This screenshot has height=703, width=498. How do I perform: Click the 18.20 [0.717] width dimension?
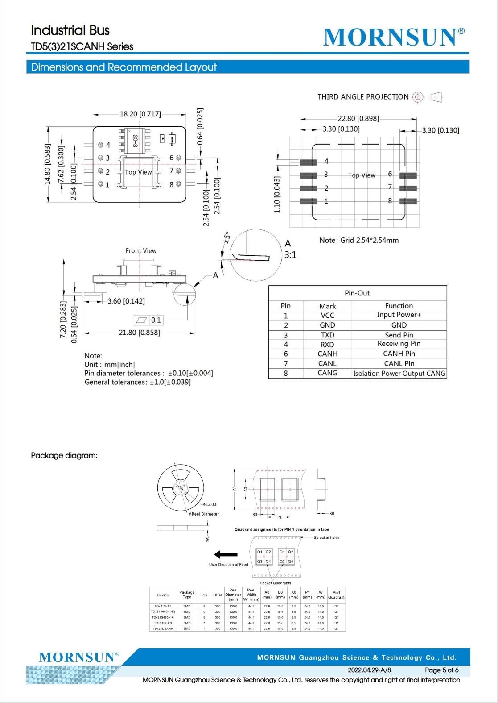click(140, 114)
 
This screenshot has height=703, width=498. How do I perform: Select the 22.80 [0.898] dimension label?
click(358, 119)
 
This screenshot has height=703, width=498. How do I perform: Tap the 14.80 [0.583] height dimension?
click(48, 164)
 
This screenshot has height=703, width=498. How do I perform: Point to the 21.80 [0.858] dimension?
click(139, 333)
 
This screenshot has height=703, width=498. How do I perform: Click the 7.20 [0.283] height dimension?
click(63, 320)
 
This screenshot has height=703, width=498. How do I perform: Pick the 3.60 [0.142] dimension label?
click(126, 301)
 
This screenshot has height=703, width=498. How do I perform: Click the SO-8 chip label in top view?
click(135, 141)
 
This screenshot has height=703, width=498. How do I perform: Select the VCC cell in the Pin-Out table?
click(327, 316)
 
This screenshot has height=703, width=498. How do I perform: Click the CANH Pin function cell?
click(399, 354)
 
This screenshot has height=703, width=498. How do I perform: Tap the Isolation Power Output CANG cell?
click(399, 374)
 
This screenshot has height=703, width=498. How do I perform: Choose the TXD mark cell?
click(327, 335)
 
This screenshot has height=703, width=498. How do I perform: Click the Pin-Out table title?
click(357, 293)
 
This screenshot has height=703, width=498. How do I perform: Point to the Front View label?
click(141, 251)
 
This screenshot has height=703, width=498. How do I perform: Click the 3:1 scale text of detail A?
click(290, 255)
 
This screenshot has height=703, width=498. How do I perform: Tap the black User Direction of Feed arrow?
click(226, 555)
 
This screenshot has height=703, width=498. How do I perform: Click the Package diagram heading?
click(64, 456)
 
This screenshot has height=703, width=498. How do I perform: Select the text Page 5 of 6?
click(441, 670)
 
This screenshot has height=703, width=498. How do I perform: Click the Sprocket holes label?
click(326, 538)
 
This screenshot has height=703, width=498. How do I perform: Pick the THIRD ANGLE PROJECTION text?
click(363, 97)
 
